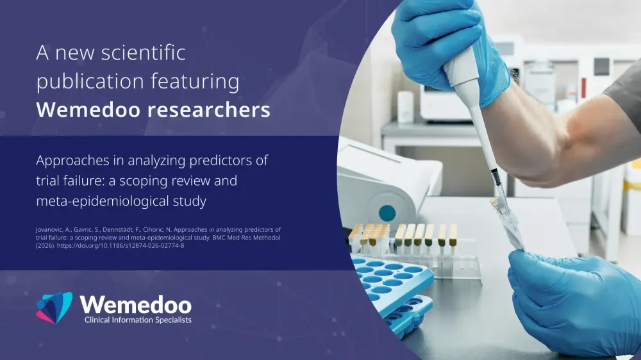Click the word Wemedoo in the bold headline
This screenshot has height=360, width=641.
tap(88, 110)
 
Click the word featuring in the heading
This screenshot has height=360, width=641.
tap(195, 81)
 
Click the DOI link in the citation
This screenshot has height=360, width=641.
tap(121, 245)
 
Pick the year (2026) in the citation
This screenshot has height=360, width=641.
tap(45, 245)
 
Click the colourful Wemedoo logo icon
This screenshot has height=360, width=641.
tap(54, 307)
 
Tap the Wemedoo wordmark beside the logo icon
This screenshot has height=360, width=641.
tap(136, 305)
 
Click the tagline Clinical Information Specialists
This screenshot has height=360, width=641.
tap(138, 320)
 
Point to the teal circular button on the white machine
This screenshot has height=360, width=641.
tap(387, 213)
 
